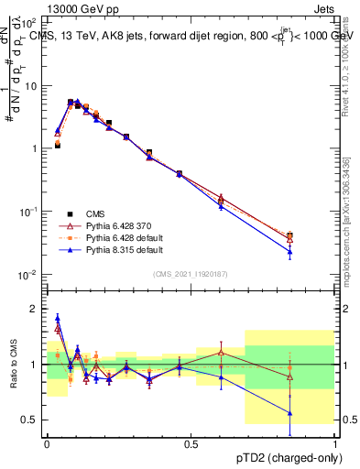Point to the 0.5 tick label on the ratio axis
[x=28, y=420]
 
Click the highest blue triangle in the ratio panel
[x=58, y=318]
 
